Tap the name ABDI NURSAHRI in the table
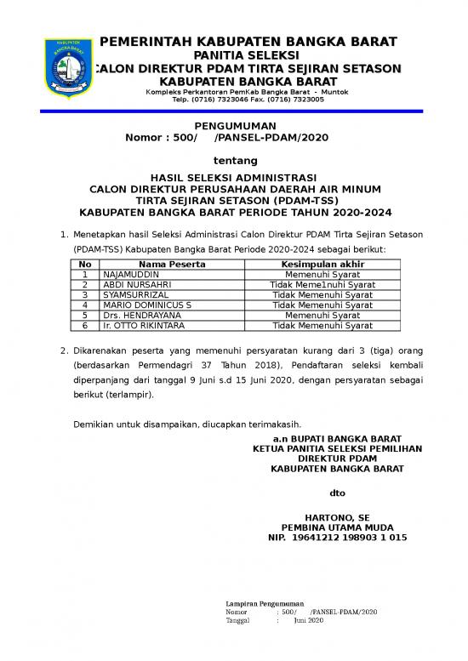[x=137, y=285]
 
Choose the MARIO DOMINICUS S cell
[x=147, y=305]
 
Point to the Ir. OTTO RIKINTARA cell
[x=145, y=325]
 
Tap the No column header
[x=85, y=265]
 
